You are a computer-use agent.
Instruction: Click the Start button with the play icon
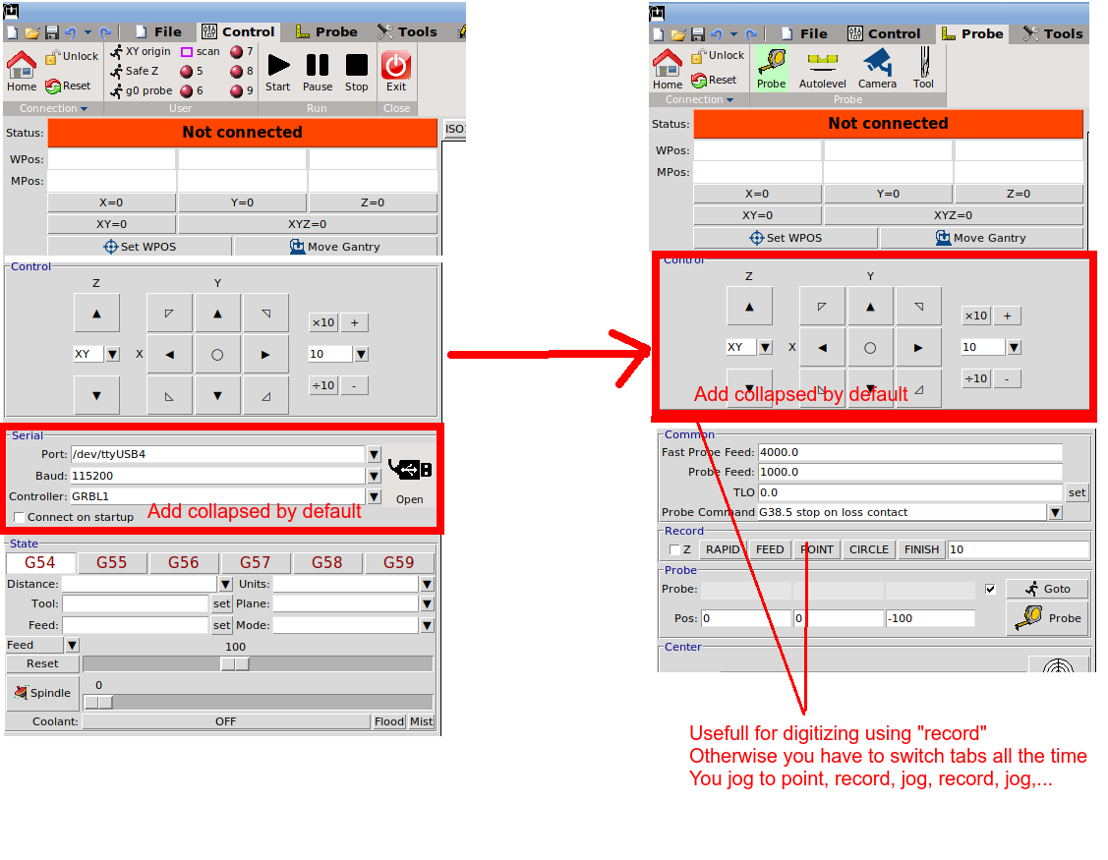click(x=277, y=72)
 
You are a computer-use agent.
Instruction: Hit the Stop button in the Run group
click(x=356, y=72)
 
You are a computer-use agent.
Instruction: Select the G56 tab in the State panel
click(x=183, y=562)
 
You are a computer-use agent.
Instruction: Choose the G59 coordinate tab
click(x=398, y=562)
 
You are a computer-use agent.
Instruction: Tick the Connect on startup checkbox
click(x=19, y=517)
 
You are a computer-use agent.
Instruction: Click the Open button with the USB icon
click(x=410, y=478)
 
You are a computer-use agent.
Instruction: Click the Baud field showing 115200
click(x=217, y=476)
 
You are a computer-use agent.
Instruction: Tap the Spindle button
click(x=42, y=693)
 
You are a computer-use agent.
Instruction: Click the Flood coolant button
click(x=389, y=721)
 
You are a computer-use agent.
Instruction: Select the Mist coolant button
click(x=421, y=721)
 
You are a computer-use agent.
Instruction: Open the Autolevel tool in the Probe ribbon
click(x=823, y=69)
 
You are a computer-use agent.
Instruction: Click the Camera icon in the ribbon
click(x=878, y=69)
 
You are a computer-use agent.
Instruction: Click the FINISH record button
click(x=921, y=549)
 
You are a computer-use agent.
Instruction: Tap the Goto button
click(x=1049, y=589)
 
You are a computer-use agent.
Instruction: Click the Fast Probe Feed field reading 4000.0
click(x=910, y=452)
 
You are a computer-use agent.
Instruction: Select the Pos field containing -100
click(x=930, y=618)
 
